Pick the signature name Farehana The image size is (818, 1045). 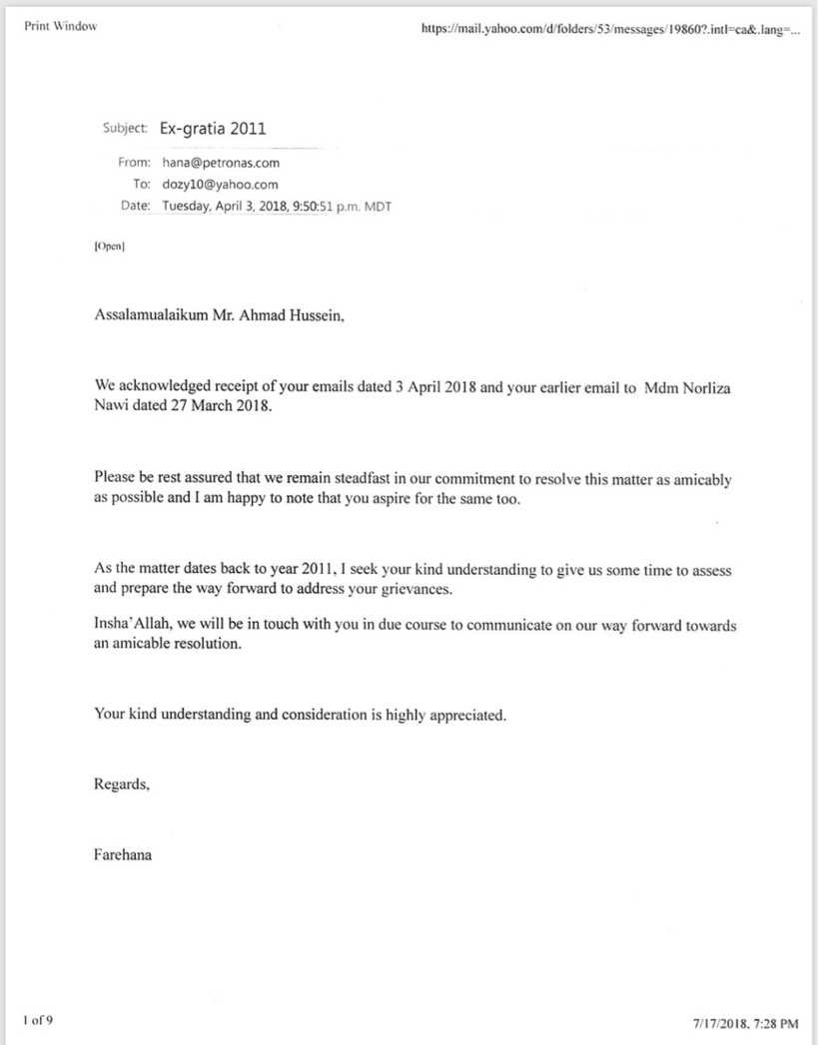coord(123,854)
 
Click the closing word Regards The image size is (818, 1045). coord(122,784)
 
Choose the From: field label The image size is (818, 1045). coord(134,162)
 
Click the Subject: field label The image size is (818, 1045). coord(126,129)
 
